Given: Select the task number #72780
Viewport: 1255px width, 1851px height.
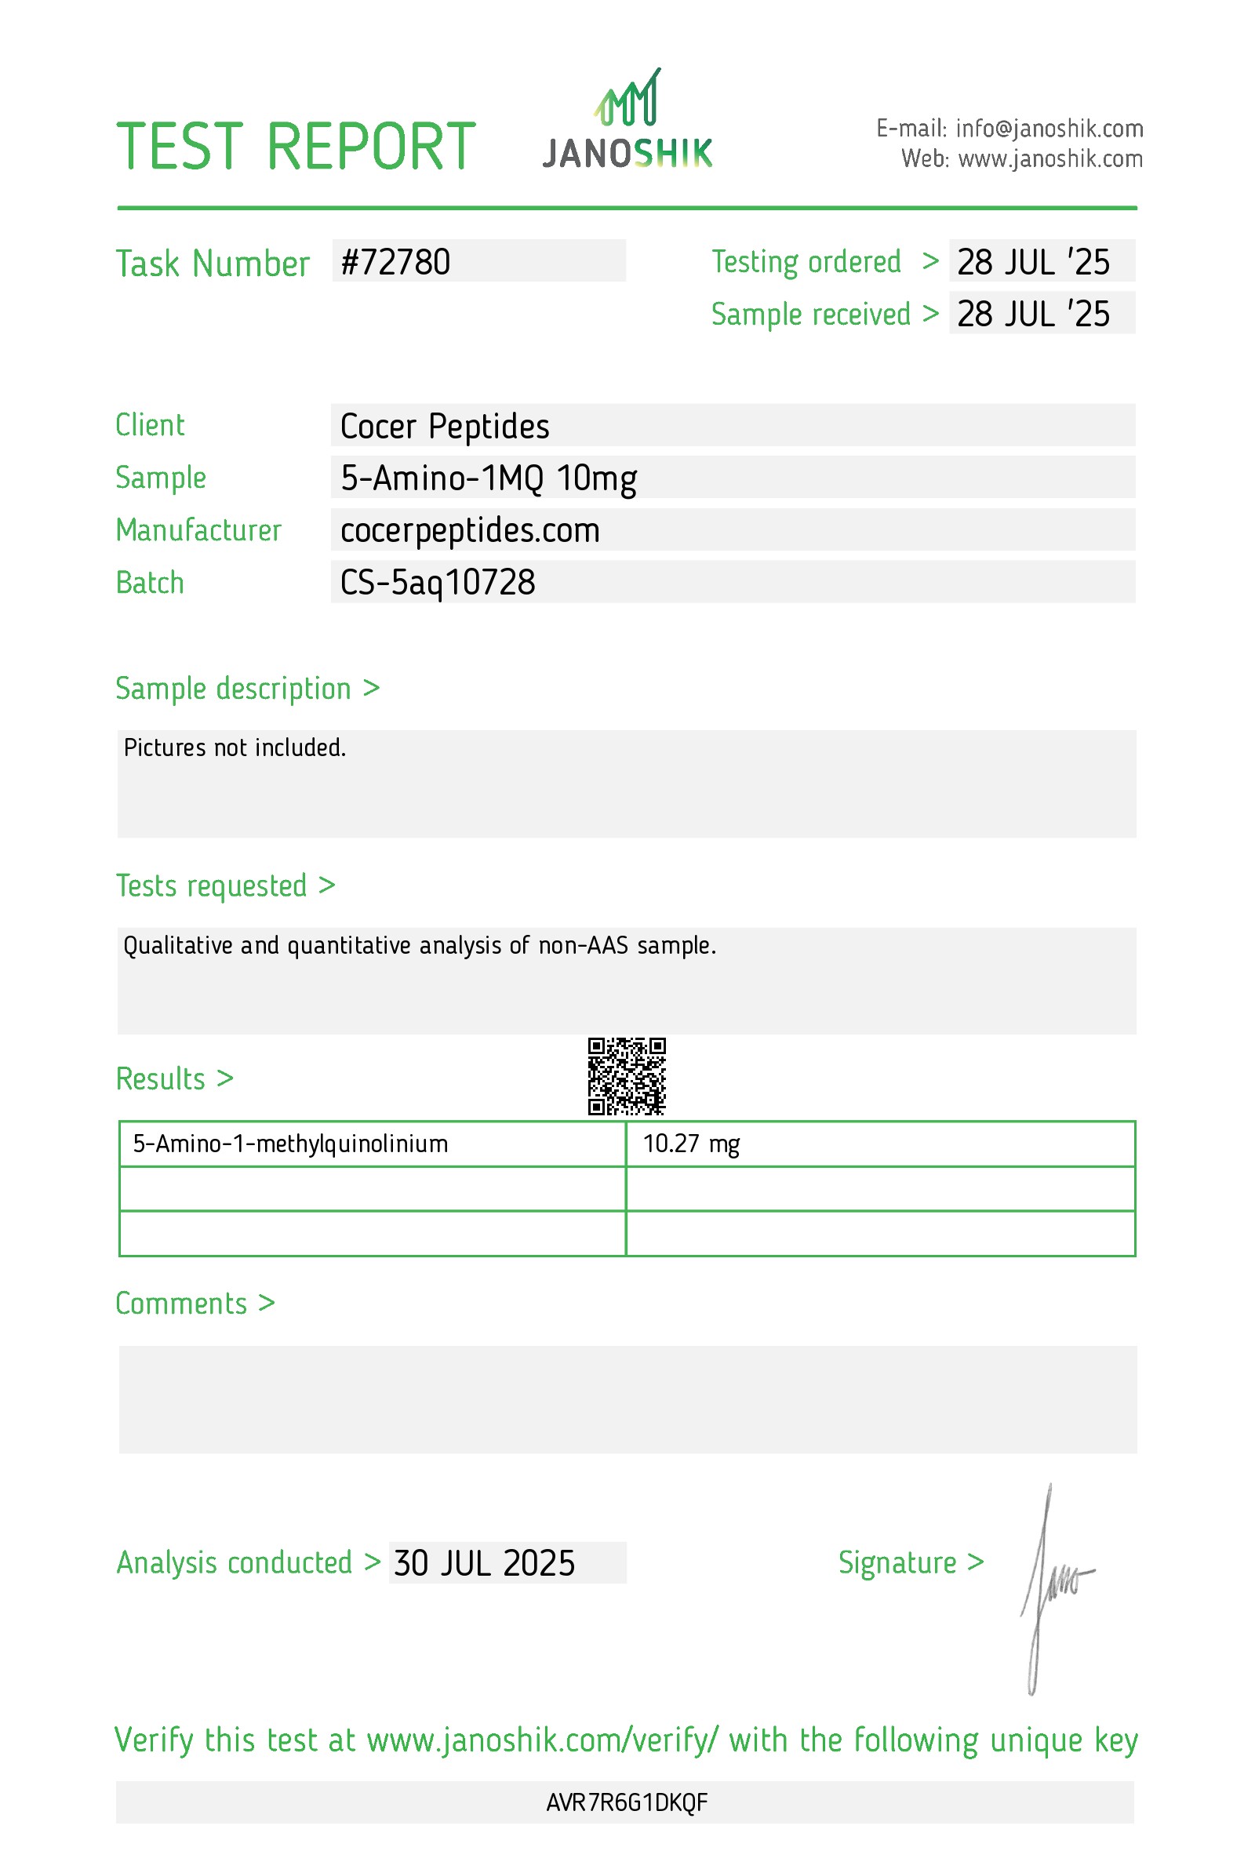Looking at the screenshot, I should click(x=395, y=262).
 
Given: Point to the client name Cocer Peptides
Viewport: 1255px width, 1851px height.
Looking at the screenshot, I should click(x=444, y=426).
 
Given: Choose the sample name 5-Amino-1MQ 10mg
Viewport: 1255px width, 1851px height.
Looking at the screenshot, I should click(x=488, y=478).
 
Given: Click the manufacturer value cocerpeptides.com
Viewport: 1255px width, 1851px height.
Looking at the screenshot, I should click(x=470, y=530).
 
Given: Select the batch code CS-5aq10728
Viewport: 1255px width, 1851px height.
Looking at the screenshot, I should click(x=437, y=582).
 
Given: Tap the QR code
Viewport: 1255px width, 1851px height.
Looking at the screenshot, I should click(x=627, y=1076).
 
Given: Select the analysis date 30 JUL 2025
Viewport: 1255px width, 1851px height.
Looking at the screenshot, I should click(x=484, y=1562).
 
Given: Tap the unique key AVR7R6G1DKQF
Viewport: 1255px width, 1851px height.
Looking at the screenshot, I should click(x=627, y=1802).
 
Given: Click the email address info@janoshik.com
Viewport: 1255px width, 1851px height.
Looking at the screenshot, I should click(x=1049, y=128).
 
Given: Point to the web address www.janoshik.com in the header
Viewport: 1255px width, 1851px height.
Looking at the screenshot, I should click(x=1049, y=159).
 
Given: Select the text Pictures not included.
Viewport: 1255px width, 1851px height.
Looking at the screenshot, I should click(x=235, y=747).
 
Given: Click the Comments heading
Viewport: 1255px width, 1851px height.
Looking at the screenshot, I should click(x=181, y=1304).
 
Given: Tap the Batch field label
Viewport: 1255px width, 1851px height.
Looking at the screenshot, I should click(x=150, y=582).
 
